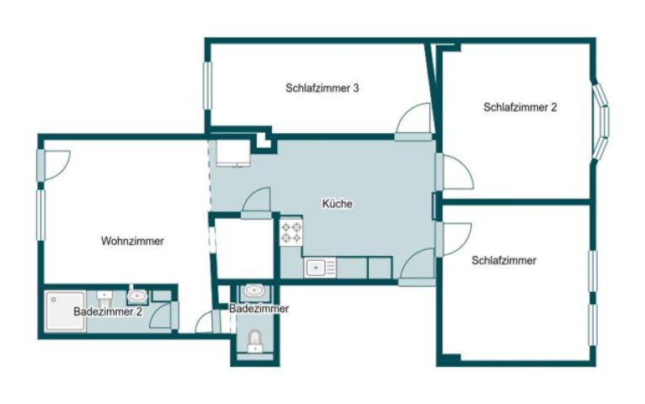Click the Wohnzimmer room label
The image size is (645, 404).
[x=132, y=241]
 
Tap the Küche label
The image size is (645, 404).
[x=337, y=204]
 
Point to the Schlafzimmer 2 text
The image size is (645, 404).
[x=520, y=107]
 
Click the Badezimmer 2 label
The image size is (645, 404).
[x=107, y=311]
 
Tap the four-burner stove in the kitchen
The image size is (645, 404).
[x=291, y=232]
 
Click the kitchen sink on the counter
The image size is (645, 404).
[x=317, y=268]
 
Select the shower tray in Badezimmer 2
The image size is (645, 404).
[x=65, y=310]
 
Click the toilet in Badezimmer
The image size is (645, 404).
[x=255, y=341]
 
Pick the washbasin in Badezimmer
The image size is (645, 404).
[x=253, y=292]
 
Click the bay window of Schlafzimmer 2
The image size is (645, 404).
[x=601, y=120]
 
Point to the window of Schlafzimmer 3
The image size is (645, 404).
[x=207, y=85]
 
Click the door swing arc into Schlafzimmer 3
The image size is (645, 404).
[x=414, y=118]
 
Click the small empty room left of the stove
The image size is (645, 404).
[x=243, y=248]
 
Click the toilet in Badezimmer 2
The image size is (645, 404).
[x=104, y=297]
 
